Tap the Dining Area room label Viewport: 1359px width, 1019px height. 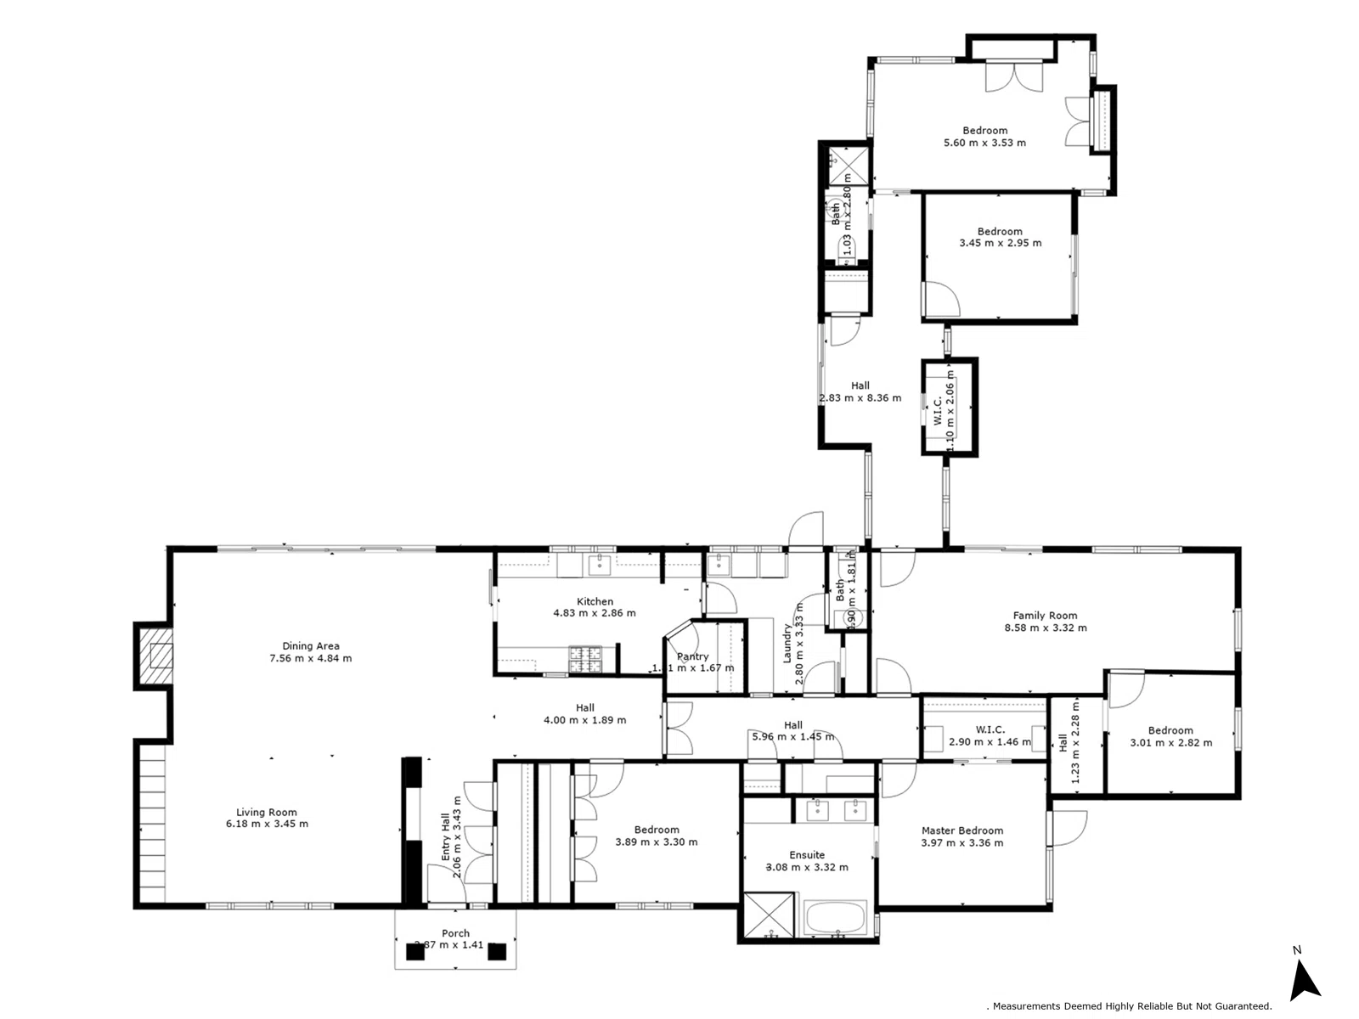(310, 646)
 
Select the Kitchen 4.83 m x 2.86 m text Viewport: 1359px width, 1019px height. (595, 607)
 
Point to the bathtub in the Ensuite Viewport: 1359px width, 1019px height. (834, 919)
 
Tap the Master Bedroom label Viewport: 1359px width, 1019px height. (961, 830)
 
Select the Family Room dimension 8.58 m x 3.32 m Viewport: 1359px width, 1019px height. (1045, 628)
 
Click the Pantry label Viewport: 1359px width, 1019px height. (693, 656)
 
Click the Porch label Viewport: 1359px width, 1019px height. (455, 933)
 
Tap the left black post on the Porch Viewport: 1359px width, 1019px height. (414, 952)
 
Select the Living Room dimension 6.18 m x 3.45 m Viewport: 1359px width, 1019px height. (267, 824)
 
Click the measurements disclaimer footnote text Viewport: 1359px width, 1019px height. (1130, 1006)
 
